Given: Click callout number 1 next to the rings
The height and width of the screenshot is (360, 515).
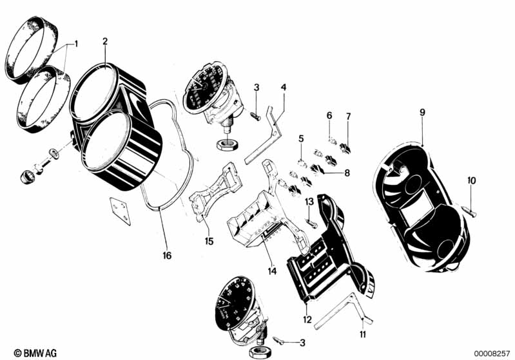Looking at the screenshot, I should click(75, 44).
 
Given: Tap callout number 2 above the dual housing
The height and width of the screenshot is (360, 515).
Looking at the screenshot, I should click(105, 41).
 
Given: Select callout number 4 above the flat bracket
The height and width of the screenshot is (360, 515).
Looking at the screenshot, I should click(284, 88).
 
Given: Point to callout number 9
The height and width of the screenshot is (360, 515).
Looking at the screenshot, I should click(422, 112).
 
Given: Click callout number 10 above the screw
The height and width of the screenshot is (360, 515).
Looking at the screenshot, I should click(471, 181).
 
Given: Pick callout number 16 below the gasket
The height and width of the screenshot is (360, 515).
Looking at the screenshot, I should click(167, 256).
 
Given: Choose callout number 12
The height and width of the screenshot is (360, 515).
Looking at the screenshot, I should click(307, 319).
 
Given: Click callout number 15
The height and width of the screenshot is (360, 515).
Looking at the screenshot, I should click(208, 242).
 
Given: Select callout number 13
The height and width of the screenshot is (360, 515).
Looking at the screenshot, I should click(309, 202).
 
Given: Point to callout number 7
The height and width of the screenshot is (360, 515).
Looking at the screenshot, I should click(349, 116).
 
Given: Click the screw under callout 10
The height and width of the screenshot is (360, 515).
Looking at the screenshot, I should click(469, 210).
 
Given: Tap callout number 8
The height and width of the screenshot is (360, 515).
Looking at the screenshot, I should click(347, 172).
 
